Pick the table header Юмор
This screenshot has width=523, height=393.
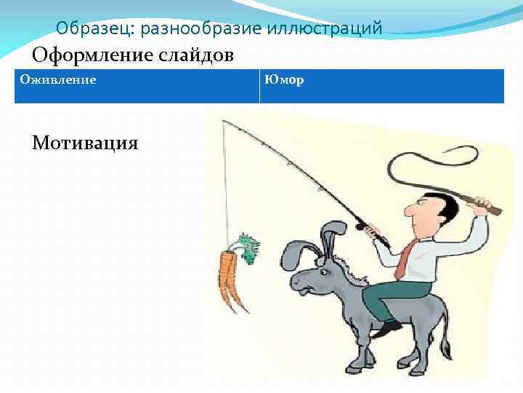click(x=285, y=79)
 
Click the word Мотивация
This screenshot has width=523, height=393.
click(x=85, y=142)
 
